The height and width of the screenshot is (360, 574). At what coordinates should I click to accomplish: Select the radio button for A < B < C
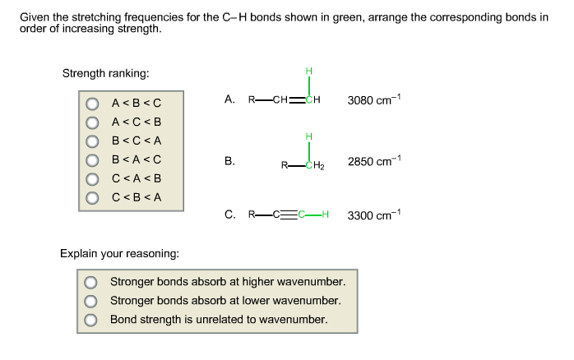pos(92,103)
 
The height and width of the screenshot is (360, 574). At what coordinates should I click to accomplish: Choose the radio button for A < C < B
pos(92,122)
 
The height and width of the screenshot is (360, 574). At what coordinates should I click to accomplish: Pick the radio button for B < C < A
pos(92,141)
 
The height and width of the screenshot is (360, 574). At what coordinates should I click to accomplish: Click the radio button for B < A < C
pos(92,159)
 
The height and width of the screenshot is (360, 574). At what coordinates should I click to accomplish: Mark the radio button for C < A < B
pos(92,178)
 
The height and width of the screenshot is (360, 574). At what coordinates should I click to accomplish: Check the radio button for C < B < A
pos(92,197)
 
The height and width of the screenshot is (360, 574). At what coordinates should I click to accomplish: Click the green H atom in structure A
pos(308,72)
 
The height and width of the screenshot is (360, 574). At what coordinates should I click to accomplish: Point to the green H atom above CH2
pos(308,136)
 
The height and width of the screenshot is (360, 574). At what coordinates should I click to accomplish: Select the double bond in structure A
pos(294,101)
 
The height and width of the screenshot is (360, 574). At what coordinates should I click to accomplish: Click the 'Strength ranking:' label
pos(105,73)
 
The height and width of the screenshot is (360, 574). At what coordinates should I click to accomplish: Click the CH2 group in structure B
pos(314,165)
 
